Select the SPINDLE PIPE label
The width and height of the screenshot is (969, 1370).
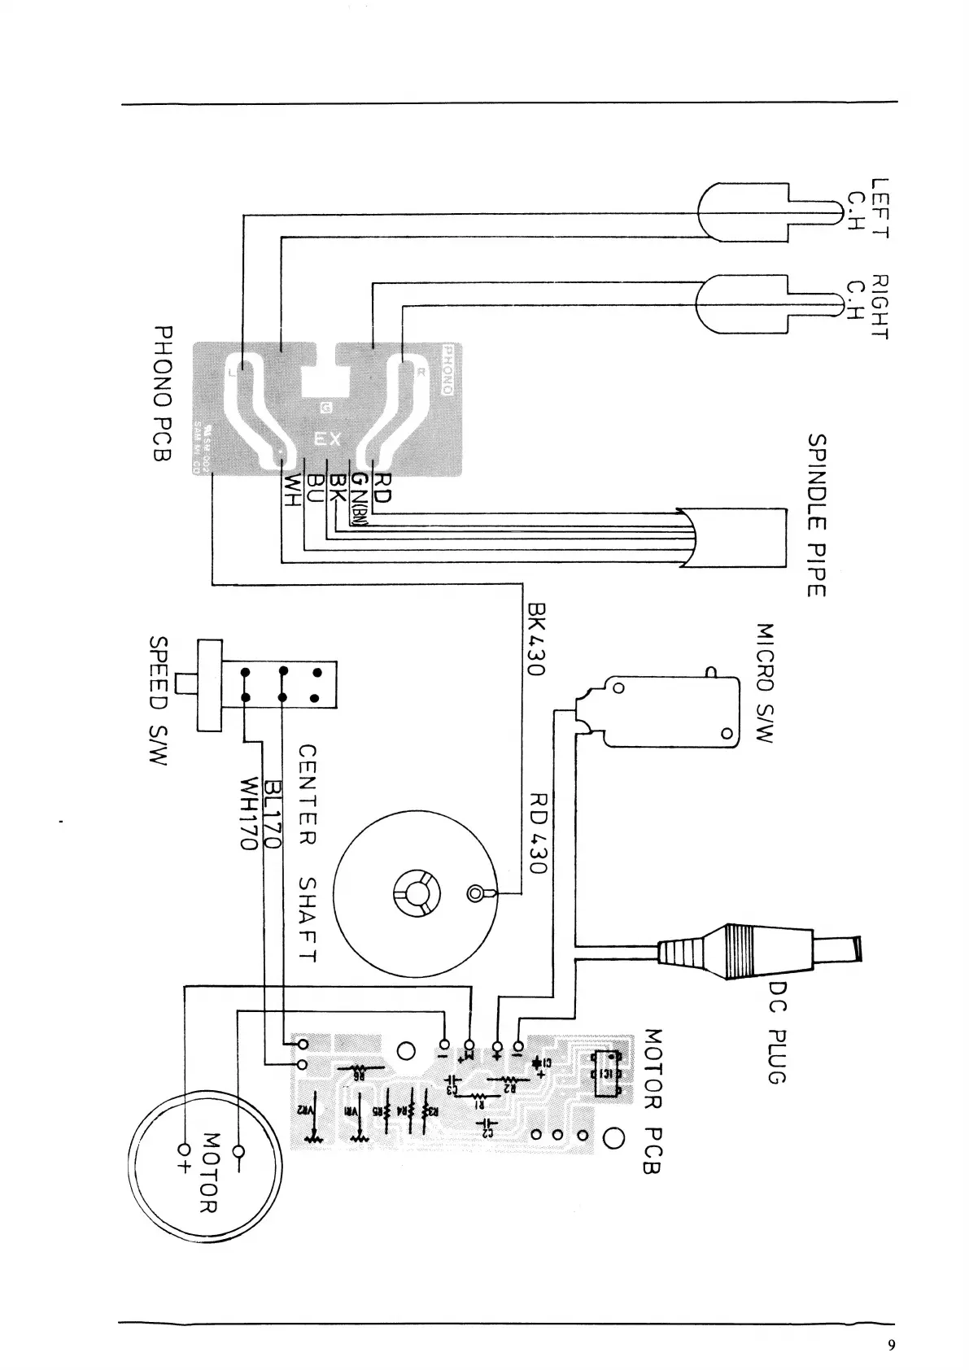[x=817, y=514]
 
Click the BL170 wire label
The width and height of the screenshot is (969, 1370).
[x=270, y=814]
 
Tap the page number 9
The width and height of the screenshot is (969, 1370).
[x=892, y=1345]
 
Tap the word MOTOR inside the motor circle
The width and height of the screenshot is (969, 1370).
[x=210, y=1171]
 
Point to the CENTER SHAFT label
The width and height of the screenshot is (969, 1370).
[x=307, y=853]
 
